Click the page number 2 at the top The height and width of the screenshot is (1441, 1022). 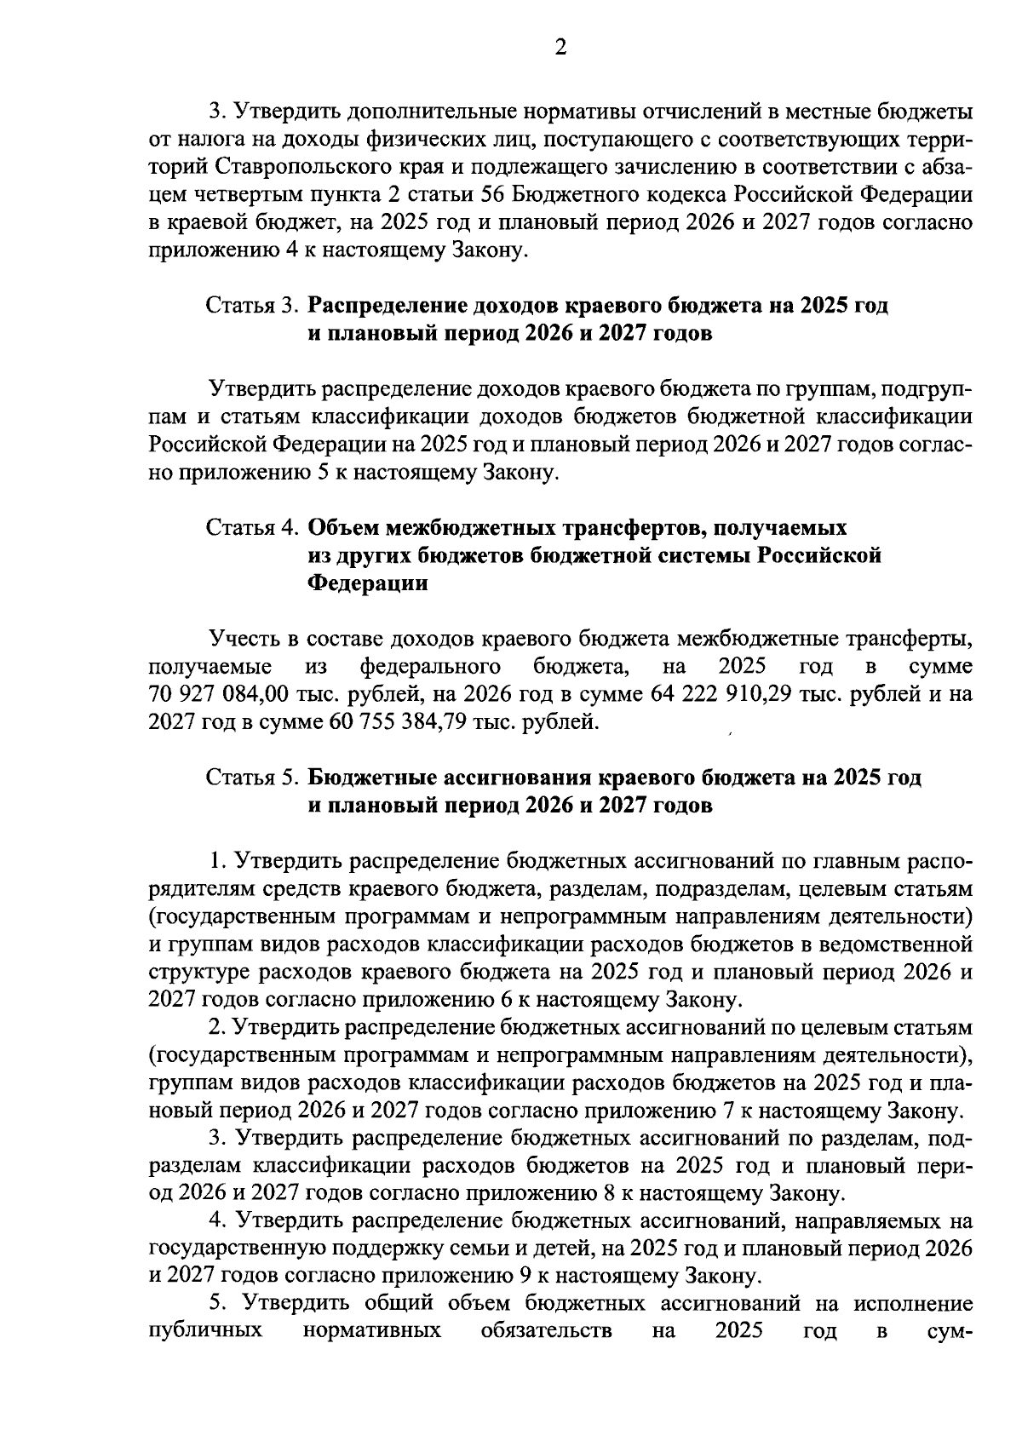point(560,49)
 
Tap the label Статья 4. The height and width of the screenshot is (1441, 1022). point(253,528)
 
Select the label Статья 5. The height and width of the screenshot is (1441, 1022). point(253,778)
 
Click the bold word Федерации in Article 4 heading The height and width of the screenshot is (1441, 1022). point(367,584)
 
